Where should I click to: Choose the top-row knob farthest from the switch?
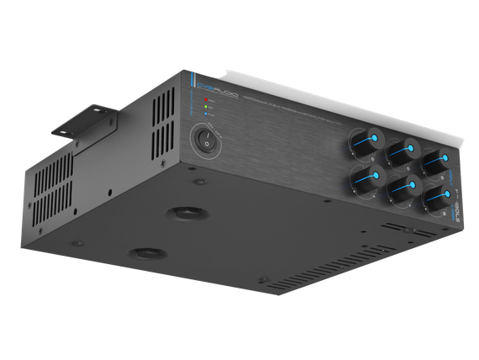[x=436, y=161]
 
